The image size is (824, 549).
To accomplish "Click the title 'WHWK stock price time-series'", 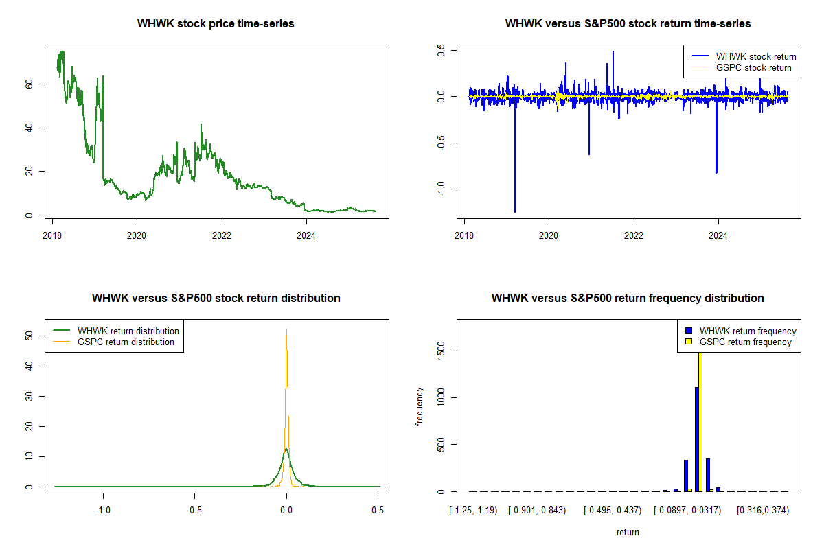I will pyautogui.click(x=216, y=24).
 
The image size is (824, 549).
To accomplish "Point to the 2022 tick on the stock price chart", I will pyautogui.click(x=222, y=234).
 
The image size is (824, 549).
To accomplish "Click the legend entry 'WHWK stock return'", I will pyautogui.click(x=756, y=56).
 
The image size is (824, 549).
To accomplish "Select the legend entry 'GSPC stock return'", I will pyautogui.click(x=753, y=68).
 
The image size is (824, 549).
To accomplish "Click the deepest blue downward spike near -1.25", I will pyautogui.click(x=515, y=209).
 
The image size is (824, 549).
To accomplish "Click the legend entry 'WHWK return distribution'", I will pyautogui.click(x=128, y=331).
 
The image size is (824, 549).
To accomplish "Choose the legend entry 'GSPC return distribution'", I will pyautogui.click(x=126, y=342).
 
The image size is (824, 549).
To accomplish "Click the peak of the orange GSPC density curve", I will pyautogui.click(x=286, y=330).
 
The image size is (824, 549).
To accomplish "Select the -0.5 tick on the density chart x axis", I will pyautogui.click(x=194, y=509).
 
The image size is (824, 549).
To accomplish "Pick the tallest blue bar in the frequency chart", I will pyautogui.click(x=696, y=439).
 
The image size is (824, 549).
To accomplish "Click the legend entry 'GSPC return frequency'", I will pyautogui.click(x=745, y=342).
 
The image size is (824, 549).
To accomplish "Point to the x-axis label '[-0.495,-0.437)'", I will pyautogui.click(x=613, y=510).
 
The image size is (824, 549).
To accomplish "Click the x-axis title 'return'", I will pyautogui.click(x=628, y=532).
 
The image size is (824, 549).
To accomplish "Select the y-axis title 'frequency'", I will pyautogui.click(x=420, y=407).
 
